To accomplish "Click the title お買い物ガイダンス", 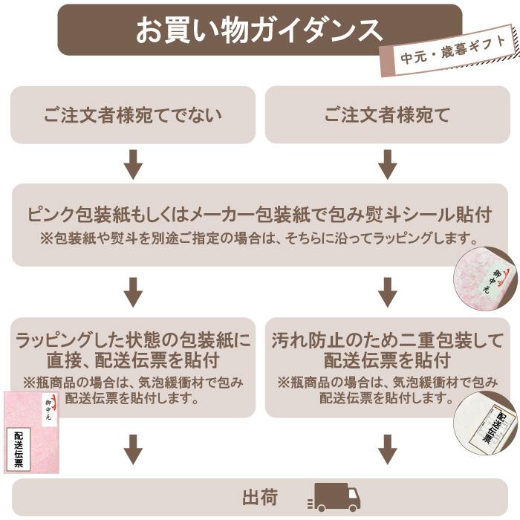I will coord(259,30).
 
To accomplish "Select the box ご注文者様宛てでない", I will coord(132,115).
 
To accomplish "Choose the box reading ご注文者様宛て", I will coord(387,115).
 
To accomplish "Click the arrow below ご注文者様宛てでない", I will coord(133,164).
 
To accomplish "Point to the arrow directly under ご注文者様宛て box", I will coord(387,164).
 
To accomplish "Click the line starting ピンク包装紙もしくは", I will coord(259,215).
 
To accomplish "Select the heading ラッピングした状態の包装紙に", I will coord(133,341).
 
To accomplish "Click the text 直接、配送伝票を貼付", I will coord(133,362).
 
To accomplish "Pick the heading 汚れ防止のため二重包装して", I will coord(387,341).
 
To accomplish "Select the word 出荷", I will coord(259,497).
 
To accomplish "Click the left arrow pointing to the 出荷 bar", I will coord(133,449).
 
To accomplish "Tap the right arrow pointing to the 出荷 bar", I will coord(387,449).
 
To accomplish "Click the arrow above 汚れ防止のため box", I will coord(387,292).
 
